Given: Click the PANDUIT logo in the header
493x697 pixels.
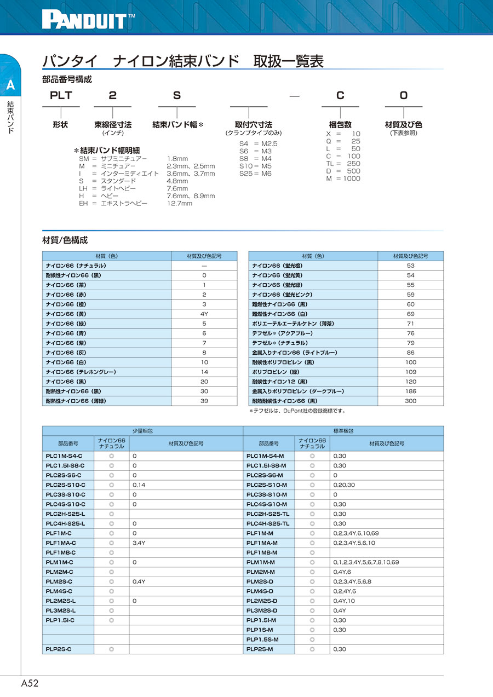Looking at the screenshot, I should coord(88,20).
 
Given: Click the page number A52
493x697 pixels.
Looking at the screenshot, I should coord(30,683).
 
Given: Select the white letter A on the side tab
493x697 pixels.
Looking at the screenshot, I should coord(10,85).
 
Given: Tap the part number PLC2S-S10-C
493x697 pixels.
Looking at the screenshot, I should coord(65,485).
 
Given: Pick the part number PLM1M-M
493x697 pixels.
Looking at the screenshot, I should coord(261,562).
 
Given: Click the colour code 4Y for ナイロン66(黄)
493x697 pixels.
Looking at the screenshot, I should coord(204,314).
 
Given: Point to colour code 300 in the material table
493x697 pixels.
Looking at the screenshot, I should coord(411,401).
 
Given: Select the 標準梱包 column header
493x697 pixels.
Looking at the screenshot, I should coord(343,431).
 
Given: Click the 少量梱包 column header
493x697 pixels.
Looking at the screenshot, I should coord(142,431).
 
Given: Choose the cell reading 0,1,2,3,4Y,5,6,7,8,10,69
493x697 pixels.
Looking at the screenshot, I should coord(366,562).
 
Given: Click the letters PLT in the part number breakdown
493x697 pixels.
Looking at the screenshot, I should coord(61,95).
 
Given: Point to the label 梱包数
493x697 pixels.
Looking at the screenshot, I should coord(340,125).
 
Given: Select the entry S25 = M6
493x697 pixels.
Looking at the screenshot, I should coord(255,174).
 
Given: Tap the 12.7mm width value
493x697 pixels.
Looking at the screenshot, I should coord(180,203).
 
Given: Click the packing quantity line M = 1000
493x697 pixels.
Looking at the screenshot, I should coord(343,178).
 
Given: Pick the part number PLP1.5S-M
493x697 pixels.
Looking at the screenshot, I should coord(262,640).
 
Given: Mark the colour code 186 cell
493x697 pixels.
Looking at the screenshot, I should coord(411,391).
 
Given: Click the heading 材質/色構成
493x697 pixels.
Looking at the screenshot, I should coord(65,240).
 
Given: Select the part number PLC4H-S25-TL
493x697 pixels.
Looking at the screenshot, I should coord(268,523).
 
